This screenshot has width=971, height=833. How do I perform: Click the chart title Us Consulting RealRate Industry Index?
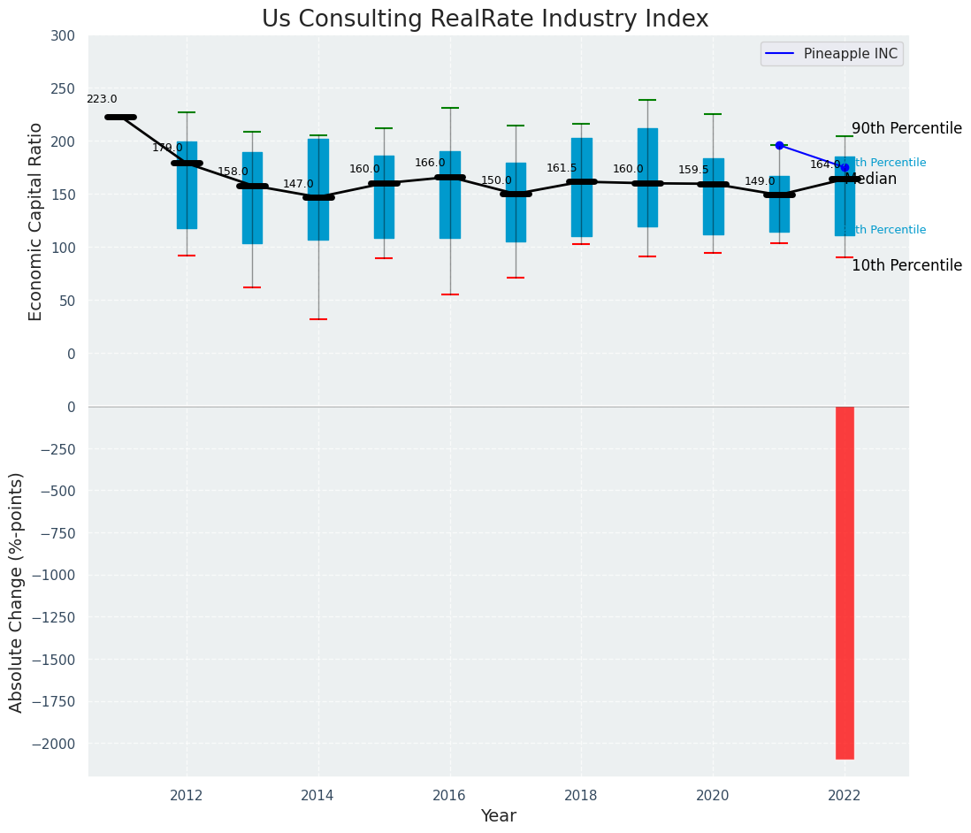click(x=485, y=19)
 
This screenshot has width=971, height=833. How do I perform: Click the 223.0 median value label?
click(x=102, y=100)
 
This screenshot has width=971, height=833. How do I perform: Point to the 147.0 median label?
click(x=298, y=184)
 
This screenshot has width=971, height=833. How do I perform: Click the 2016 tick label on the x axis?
click(x=449, y=795)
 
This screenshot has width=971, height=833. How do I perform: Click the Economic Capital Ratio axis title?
click(x=36, y=222)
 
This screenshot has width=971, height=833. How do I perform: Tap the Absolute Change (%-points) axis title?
click(x=17, y=592)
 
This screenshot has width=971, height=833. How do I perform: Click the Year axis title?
click(x=498, y=816)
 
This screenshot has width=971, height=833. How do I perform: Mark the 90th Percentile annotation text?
click(x=906, y=129)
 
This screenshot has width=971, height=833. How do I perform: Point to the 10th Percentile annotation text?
click(x=906, y=265)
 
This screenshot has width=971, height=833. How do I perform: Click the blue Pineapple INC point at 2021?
click(x=779, y=145)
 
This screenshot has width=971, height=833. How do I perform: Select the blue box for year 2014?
click(x=318, y=189)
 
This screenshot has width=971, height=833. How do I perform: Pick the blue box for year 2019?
click(x=647, y=177)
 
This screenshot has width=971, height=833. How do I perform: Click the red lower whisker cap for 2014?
click(x=318, y=319)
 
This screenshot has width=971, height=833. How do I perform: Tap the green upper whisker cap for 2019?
click(x=647, y=100)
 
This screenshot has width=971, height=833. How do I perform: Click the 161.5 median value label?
click(x=562, y=168)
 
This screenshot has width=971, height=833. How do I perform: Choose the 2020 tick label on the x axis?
click(x=713, y=795)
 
